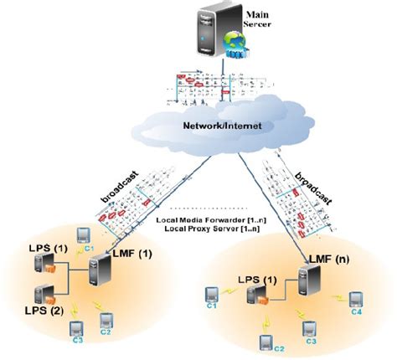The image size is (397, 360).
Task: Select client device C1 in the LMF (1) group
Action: (x=84, y=235)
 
